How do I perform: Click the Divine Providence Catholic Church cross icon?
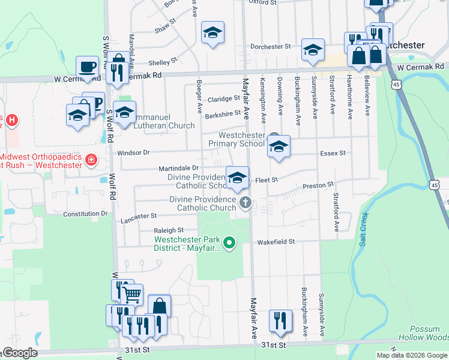(x=245, y=202)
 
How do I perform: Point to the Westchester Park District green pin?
(x=228, y=243)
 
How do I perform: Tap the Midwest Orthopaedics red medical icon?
(x=91, y=160)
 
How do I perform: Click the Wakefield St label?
(x=276, y=242)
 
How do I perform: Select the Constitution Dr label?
(x=85, y=213)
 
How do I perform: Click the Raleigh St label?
(x=168, y=230)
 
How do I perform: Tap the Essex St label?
(x=334, y=153)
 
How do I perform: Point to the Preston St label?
(x=318, y=187)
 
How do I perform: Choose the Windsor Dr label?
(x=133, y=153)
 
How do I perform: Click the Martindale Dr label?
(x=178, y=168)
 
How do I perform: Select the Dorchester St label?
(x=270, y=46)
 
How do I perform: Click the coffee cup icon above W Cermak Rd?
(x=87, y=66)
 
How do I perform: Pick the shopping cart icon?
(x=131, y=294)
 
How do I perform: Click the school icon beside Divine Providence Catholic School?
(x=237, y=176)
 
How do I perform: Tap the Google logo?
(x=19, y=353)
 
